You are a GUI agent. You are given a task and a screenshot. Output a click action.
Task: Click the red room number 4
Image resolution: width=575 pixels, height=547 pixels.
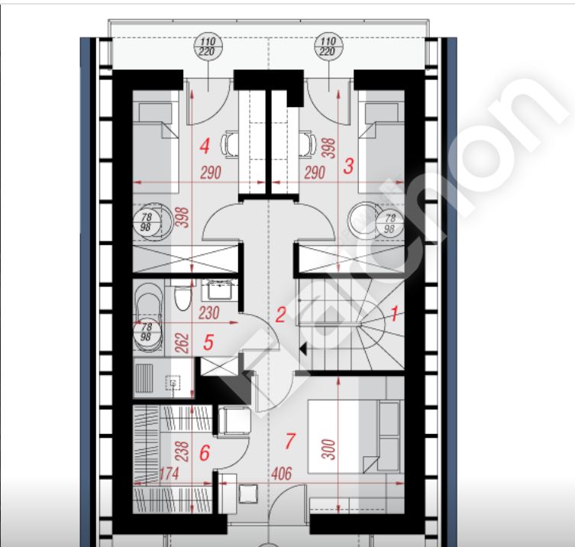tap(203, 144)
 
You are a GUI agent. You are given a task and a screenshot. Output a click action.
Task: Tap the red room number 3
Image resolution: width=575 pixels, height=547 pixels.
tap(348, 166)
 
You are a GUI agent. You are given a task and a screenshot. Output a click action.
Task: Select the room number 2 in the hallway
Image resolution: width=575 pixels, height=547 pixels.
tap(280, 314)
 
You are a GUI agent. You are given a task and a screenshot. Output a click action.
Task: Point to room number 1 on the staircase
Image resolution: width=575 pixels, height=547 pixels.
tap(395, 312)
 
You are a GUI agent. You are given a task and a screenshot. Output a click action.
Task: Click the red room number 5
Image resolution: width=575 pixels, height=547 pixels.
tap(208, 343)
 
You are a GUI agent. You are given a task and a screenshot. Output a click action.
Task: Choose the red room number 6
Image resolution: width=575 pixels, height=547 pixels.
tap(203, 454)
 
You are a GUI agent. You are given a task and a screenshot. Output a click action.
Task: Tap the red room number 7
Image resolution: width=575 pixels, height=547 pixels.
tap(289, 441)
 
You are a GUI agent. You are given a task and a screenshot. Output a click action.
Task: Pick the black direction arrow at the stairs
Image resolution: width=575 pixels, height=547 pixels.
tap(304, 349)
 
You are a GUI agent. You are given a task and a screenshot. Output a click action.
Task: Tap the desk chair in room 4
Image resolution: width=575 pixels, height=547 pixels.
tap(229, 141)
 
